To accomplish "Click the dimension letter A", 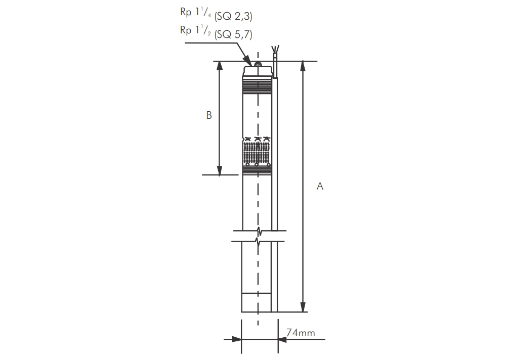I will tap(320, 186).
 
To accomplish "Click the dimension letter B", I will tap(209, 115).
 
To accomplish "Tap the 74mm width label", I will tap(301, 333).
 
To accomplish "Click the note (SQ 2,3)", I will tap(233, 16).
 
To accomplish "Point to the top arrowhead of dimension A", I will tap(304, 66).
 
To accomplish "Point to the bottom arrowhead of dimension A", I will tap(304, 307).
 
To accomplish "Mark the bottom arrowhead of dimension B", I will tap(219, 170).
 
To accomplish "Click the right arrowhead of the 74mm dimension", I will tap(282, 339).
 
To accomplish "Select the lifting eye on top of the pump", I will tap(258, 65).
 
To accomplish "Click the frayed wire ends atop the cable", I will tap(274, 50).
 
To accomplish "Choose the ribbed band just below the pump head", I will tap(258, 86).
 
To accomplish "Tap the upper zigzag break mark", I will tap(259, 232).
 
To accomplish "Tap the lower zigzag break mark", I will tap(259, 241).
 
